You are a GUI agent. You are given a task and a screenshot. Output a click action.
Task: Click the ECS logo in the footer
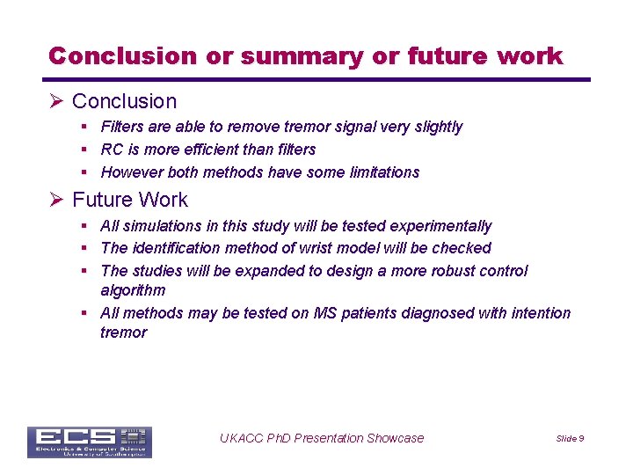pyautogui.click(x=89, y=442)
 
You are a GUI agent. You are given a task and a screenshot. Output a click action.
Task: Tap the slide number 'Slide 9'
pyautogui.click(x=570, y=439)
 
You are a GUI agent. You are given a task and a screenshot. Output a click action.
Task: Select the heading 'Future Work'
pyautogui.click(x=130, y=200)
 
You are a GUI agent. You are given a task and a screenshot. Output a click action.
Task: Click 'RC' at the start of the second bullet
pyautogui.click(x=112, y=150)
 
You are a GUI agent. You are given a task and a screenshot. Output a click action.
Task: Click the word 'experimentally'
pyautogui.click(x=441, y=226)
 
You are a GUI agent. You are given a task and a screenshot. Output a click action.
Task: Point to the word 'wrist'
pyautogui.click(x=319, y=248)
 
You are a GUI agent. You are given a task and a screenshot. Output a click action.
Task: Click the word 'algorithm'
pyautogui.click(x=133, y=290)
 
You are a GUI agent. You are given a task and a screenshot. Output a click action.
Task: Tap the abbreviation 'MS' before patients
pyautogui.click(x=324, y=313)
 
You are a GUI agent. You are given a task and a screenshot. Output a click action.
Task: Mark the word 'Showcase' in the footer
pyautogui.click(x=394, y=438)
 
